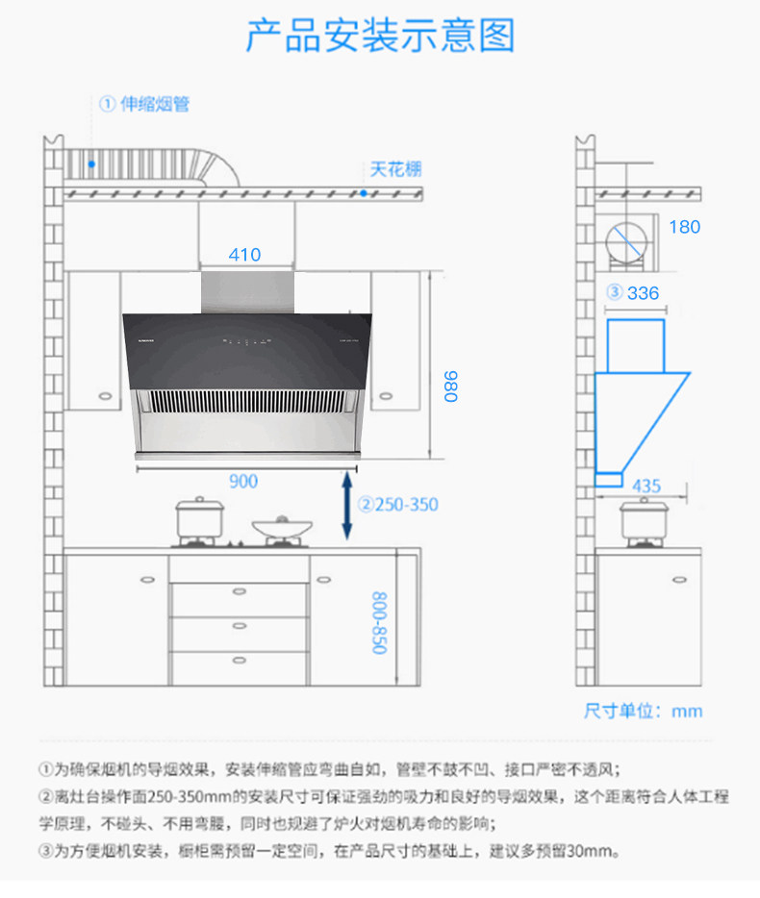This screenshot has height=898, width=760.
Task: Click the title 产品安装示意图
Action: click(x=380, y=37)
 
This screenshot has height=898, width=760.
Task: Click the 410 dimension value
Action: click(x=244, y=255)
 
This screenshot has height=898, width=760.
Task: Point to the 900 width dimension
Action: click(x=243, y=481)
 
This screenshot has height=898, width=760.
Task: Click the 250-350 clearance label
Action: click(x=398, y=505)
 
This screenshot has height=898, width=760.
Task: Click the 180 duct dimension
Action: click(x=684, y=227)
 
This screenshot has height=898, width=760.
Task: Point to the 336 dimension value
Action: click(x=643, y=293)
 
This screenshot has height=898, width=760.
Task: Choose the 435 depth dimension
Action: click(x=646, y=486)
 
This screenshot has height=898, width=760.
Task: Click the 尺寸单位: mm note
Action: click(x=644, y=711)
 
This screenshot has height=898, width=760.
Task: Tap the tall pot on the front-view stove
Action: click(x=200, y=519)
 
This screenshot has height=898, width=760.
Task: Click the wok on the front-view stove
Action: click(x=282, y=528)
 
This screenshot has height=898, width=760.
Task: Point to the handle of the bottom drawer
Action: click(x=240, y=660)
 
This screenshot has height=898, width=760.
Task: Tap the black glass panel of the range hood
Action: click(x=244, y=350)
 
